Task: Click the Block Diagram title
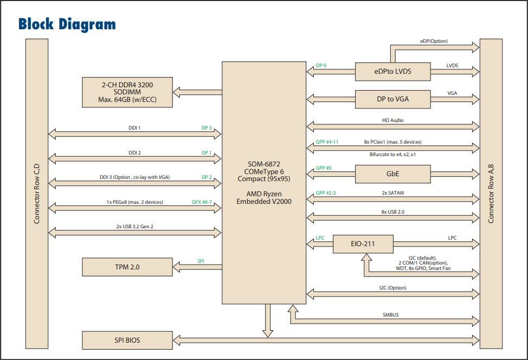click(x=67, y=24)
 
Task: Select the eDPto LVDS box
click(x=392, y=70)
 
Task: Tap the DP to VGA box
click(x=392, y=99)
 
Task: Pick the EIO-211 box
click(x=362, y=244)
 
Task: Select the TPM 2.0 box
click(x=127, y=267)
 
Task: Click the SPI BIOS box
click(x=127, y=340)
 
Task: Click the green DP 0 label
click(x=321, y=66)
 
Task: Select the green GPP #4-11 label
click(x=327, y=142)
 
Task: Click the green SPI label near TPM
click(x=201, y=261)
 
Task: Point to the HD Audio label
click(x=392, y=120)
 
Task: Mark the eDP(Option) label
click(x=434, y=41)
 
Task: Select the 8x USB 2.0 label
click(x=392, y=211)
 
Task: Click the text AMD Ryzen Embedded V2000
click(x=264, y=197)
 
